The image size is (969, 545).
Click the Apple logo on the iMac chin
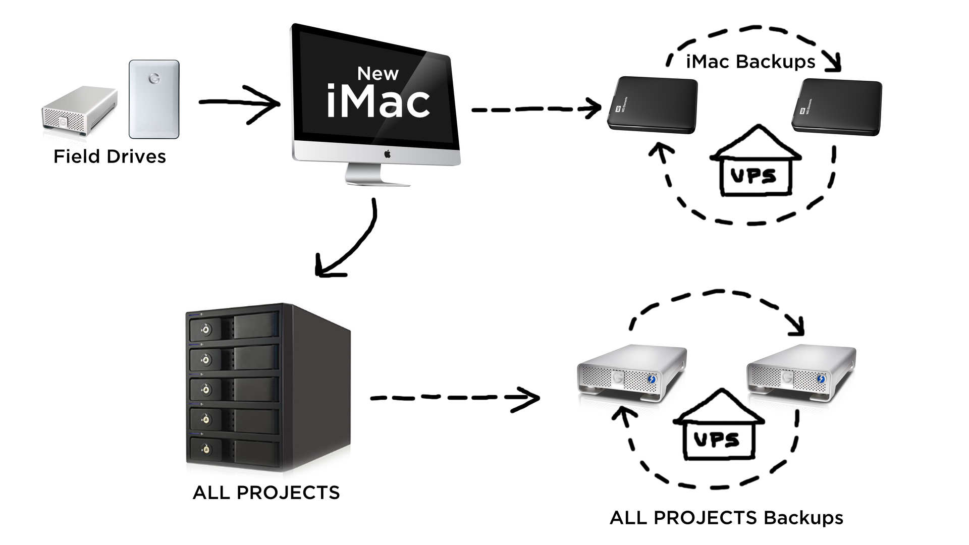pyautogui.click(x=387, y=154)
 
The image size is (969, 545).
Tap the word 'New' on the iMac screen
pyautogui.click(x=378, y=74)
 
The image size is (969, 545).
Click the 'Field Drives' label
pyautogui.click(x=110, y=156)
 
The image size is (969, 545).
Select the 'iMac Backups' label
pyautogui.click(x=750, y=62)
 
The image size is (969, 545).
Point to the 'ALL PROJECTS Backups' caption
pyautogui.click(x=726, y=518)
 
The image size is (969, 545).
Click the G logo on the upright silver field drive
pyautogui.click(x=154, y=79)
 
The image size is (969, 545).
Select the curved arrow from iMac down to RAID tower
pyautogui.click(x=353, y=242)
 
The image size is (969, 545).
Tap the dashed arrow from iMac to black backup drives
pyautogui.click(x=535, y=108)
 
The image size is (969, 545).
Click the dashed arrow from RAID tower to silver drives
pyautogui.click(x=454, y=398)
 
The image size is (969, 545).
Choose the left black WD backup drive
pyautogui.click(x=653, y=105)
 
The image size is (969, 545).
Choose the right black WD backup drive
pyautogui.click(x=837, y=107)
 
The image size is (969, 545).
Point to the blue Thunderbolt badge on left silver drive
pyautogui.click(x=652, y=379)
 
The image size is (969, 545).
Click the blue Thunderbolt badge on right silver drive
pyautogui.click(x=821, y=379)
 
